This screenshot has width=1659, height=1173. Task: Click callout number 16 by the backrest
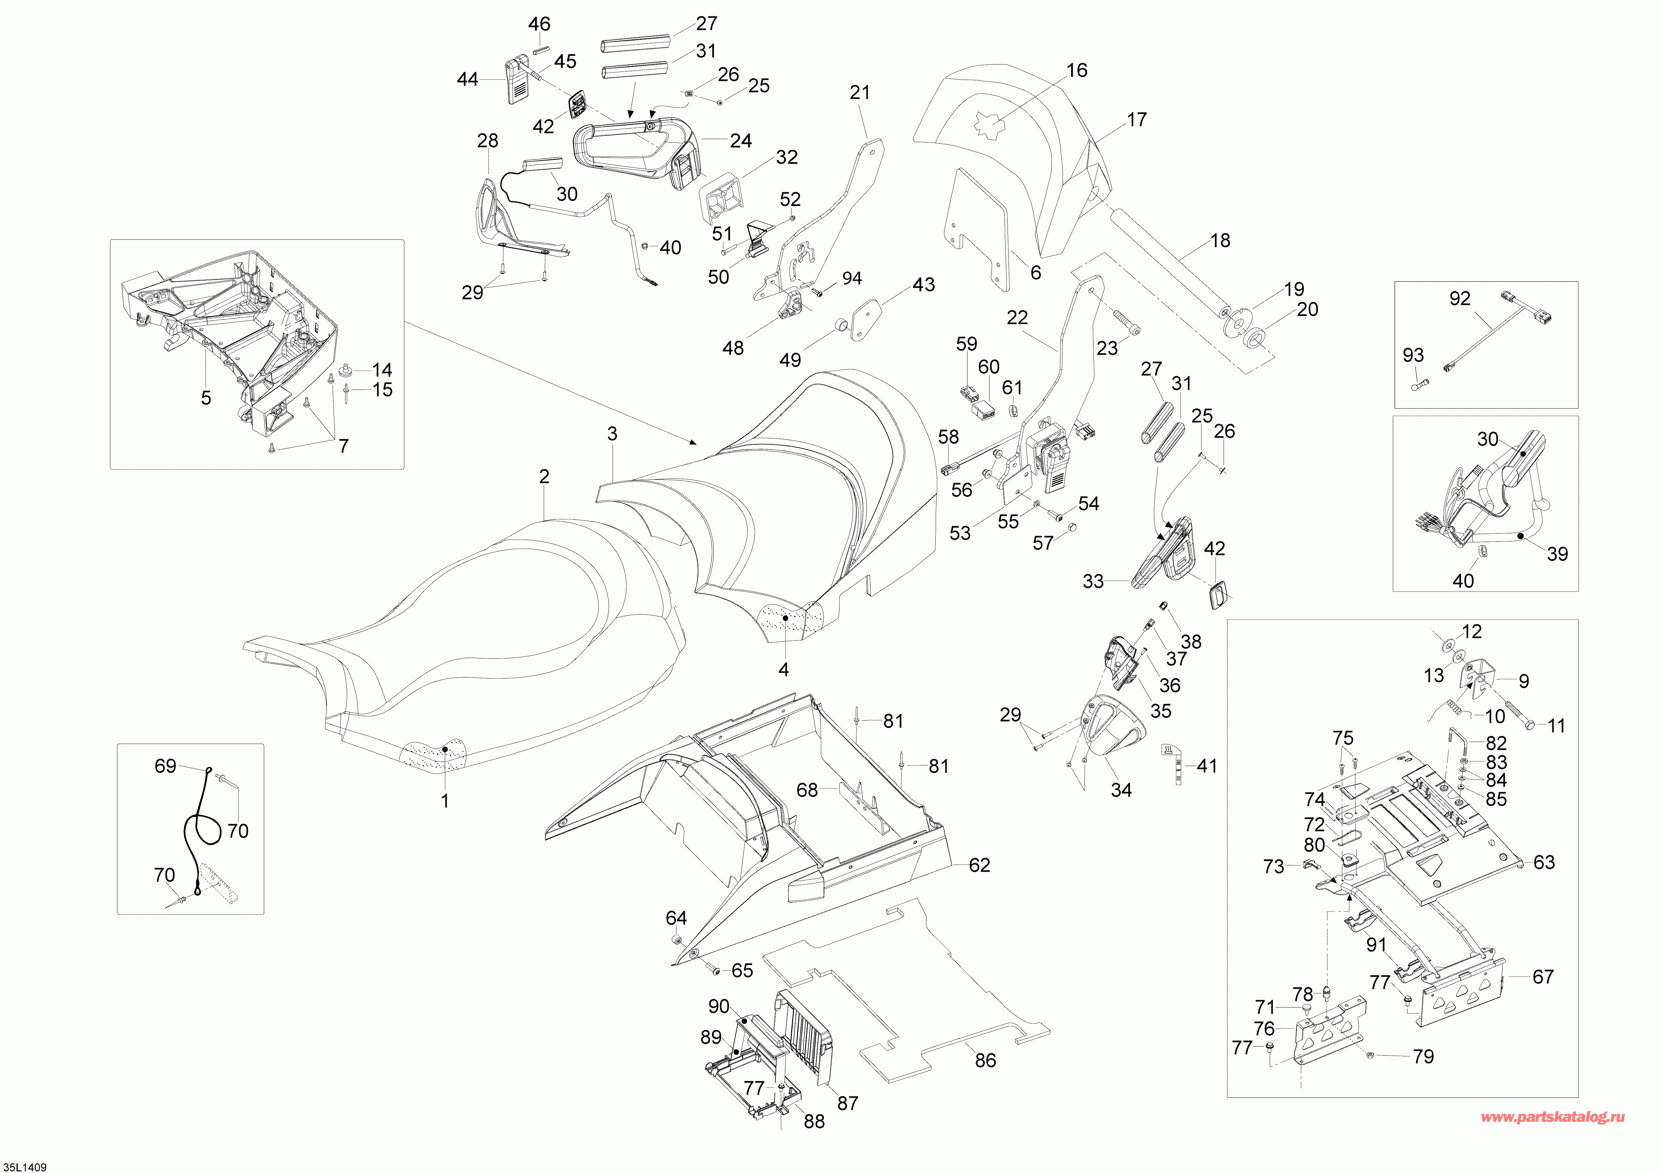pos(1076,70)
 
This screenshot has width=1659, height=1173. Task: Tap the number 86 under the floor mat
pos(986,1060)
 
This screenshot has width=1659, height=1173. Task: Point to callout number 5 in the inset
pos(206,398)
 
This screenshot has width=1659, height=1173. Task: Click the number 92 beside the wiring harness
pos(1460,298)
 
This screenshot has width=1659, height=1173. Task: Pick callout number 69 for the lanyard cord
pos(166,766)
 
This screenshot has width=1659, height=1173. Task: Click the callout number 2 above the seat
pos(544,477)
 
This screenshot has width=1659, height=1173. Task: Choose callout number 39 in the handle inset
pos(1557,554)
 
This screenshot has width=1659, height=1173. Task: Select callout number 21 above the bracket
pos(860,92)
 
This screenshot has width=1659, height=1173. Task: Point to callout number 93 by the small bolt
pos(1413,355)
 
